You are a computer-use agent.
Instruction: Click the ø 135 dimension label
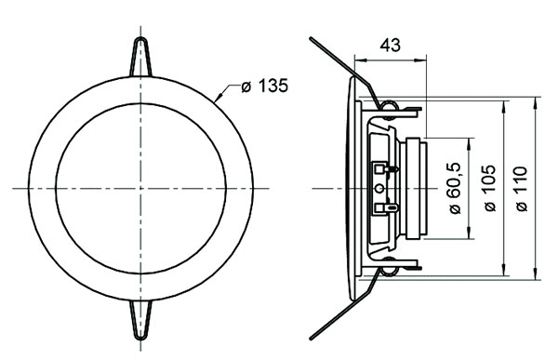point(264,87)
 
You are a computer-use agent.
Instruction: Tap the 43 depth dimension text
point(391,45)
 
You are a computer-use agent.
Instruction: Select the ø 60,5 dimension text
point(455,187)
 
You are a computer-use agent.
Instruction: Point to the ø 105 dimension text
point(489,187)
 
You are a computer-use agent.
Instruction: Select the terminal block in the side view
point(382,187)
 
